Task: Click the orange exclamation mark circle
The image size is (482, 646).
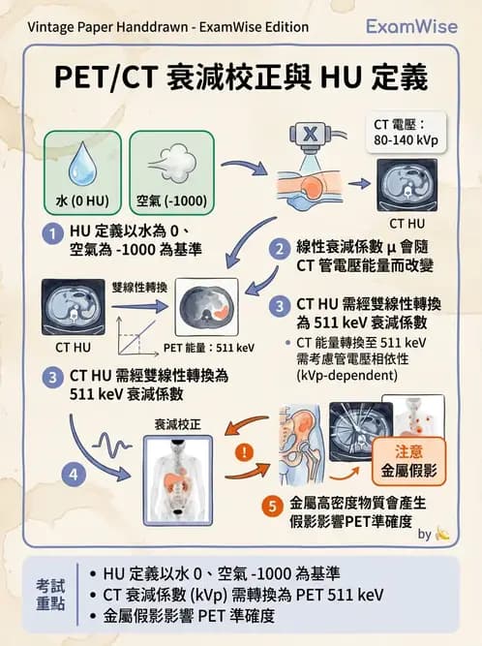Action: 249,450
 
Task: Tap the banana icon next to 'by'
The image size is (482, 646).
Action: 442,533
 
